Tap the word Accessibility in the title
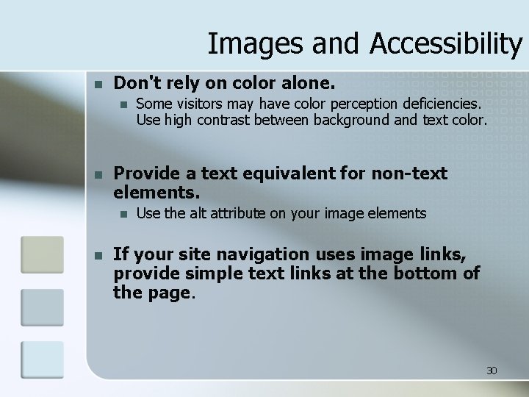pos(446,44)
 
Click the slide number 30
pos(492,371)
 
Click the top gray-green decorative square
pos(42,254)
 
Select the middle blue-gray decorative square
pos(42,307)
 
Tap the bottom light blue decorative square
pos(42,360)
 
